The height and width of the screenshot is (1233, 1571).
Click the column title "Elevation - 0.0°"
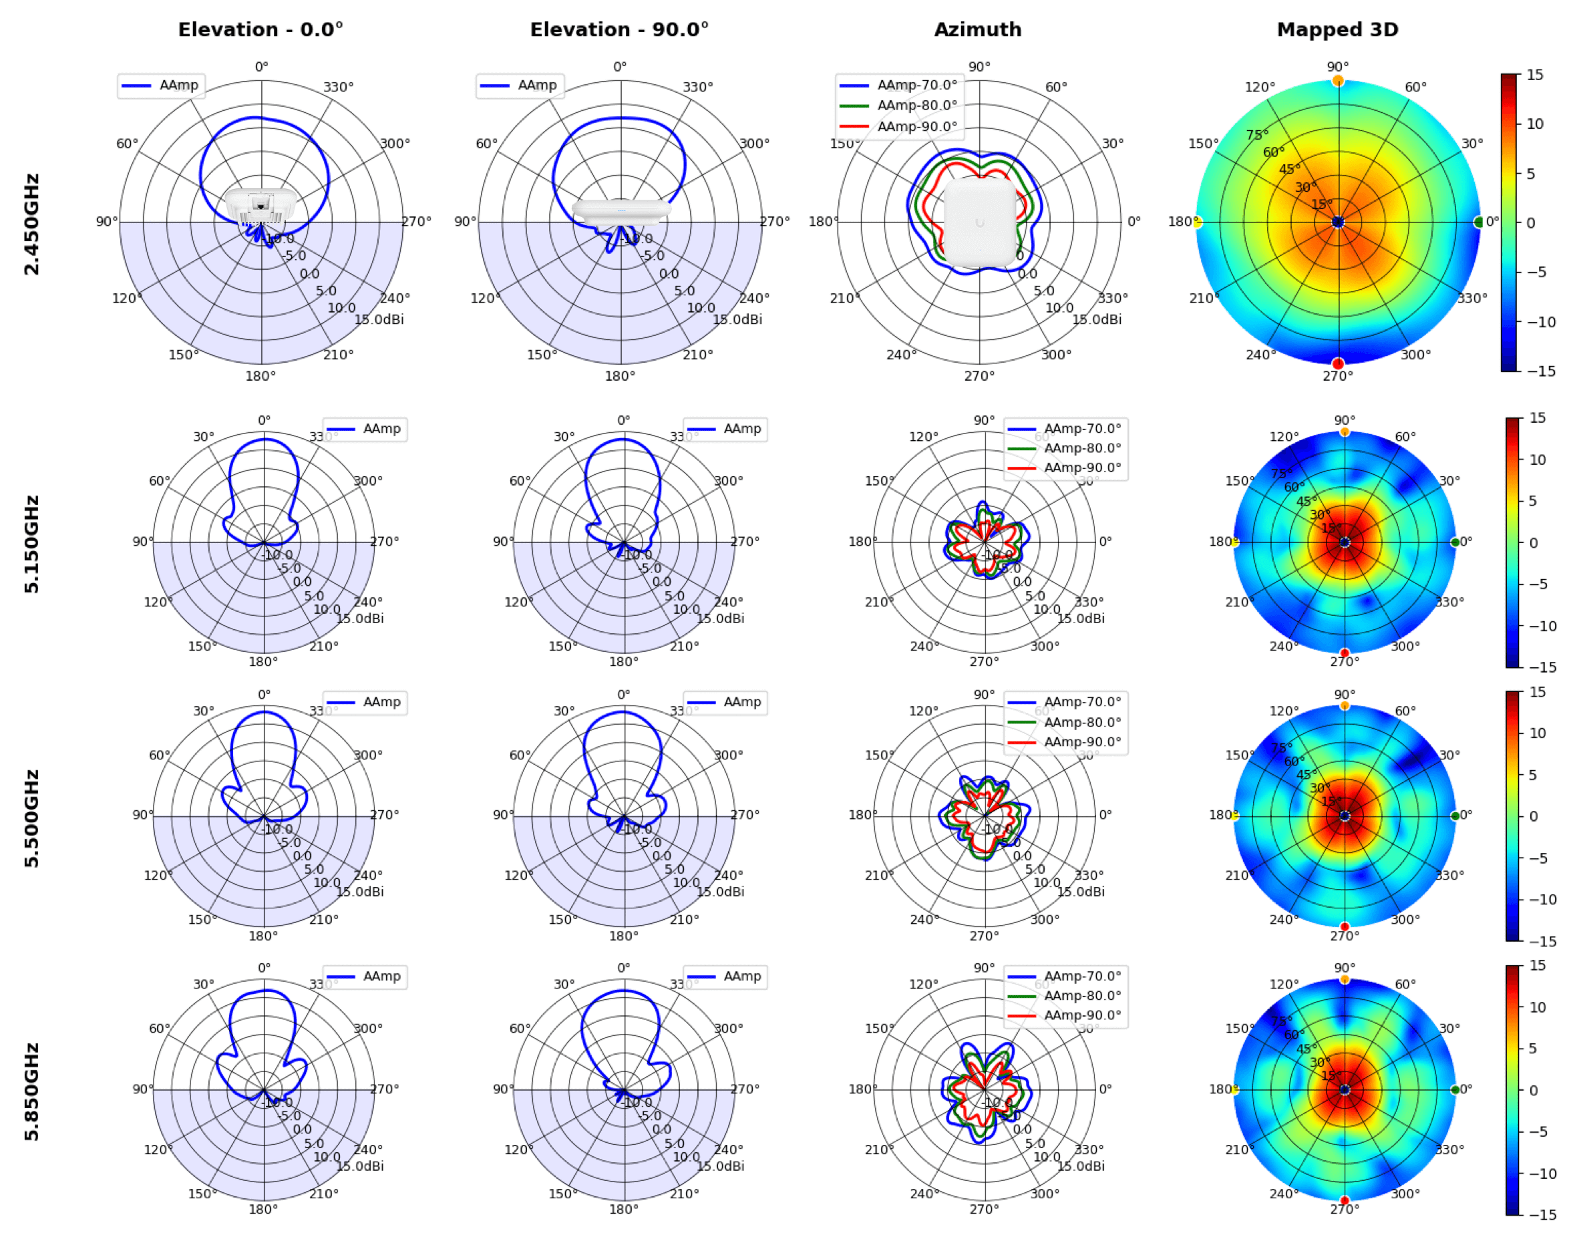pos(260,29)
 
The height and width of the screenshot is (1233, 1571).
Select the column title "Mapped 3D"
pos(1337,29)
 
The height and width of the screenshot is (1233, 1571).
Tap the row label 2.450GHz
pos(32,224)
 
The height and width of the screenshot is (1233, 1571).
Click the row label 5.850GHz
pos(32,1091)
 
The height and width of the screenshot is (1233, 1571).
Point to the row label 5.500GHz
pos(32,818)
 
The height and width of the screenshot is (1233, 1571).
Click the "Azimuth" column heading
pos(978,29)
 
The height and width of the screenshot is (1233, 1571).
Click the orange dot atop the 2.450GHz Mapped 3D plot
pos(1338,80)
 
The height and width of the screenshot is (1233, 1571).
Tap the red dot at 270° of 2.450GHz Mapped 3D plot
pos(1338,363)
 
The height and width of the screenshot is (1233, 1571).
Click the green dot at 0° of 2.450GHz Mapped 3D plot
pos(1479,222)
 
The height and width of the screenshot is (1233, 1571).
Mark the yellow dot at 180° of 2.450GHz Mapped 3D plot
pos(1197,222)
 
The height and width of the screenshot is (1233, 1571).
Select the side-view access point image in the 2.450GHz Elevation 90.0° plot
pos(621,211)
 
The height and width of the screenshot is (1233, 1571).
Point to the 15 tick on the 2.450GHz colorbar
pos(1535,74)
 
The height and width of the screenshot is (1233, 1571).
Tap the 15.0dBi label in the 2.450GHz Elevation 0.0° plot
pos(379,319)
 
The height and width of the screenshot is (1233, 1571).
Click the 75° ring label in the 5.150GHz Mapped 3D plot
pos(1280,474)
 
